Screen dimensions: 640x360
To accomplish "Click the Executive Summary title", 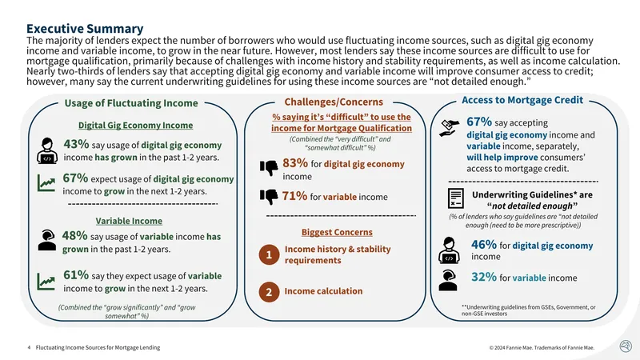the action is [x=85, y=29].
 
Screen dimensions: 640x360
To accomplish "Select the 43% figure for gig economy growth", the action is [x=76, y=144].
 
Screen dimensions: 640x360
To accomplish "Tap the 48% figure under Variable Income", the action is [x=74, y=235].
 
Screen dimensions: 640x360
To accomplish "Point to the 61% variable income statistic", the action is [x=76, y=275].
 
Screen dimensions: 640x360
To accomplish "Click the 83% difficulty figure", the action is [x=295, y=163].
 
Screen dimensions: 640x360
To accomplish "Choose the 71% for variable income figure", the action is [x=294, y=196].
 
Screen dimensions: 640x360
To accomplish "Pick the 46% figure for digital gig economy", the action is [x=484, y=245].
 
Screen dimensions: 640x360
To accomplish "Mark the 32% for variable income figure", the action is [x=484, y=277].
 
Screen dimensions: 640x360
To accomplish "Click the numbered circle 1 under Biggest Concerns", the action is [x=269, y=254].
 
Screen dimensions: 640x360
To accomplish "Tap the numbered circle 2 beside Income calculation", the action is [x=269, y=292].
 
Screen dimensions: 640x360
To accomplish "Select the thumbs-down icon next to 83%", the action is [x=269, y=167].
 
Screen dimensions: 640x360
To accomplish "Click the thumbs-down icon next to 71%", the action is [x=269, y=197].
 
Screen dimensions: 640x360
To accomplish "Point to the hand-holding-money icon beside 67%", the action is [x=450, y=128].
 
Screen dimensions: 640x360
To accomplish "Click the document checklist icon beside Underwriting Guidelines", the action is [x=455, y=198].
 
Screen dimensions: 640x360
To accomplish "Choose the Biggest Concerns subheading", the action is [x=337, y=232].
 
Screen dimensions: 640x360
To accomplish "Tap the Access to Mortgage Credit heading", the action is [x=522, y=100].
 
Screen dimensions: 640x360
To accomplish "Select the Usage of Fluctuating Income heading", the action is [x=131, y=103].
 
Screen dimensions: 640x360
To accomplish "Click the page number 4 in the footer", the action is [x=29, y=348].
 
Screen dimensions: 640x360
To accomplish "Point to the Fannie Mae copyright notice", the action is [x=542, y=348].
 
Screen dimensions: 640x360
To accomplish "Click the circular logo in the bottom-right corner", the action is [x=626, y=346].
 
